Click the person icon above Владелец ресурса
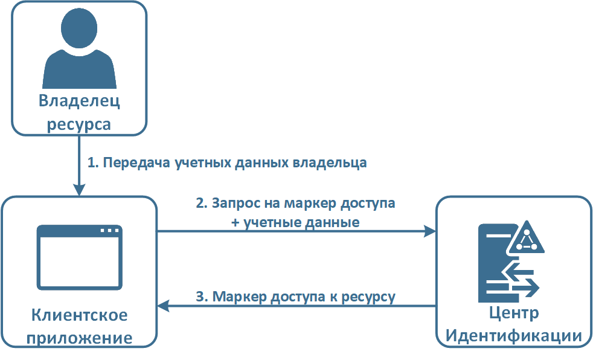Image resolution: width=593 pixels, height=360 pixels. (79, 48)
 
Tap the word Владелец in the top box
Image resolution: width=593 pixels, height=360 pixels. (79, 101)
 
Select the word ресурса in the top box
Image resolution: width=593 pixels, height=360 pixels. (79, 124)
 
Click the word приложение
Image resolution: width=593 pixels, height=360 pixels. (79, 337)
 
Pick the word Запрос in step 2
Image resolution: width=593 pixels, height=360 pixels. (234, 203)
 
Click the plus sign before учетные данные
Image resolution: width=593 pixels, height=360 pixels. (236, 222)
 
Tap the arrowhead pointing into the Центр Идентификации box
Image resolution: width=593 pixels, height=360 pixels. (429, 231)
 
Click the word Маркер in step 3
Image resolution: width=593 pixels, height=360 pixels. (237, 297)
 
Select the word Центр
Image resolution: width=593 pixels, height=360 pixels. (513, 315)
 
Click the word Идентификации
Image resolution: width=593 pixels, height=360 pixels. (513, 336)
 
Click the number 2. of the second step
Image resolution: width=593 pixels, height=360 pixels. (202, 203)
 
